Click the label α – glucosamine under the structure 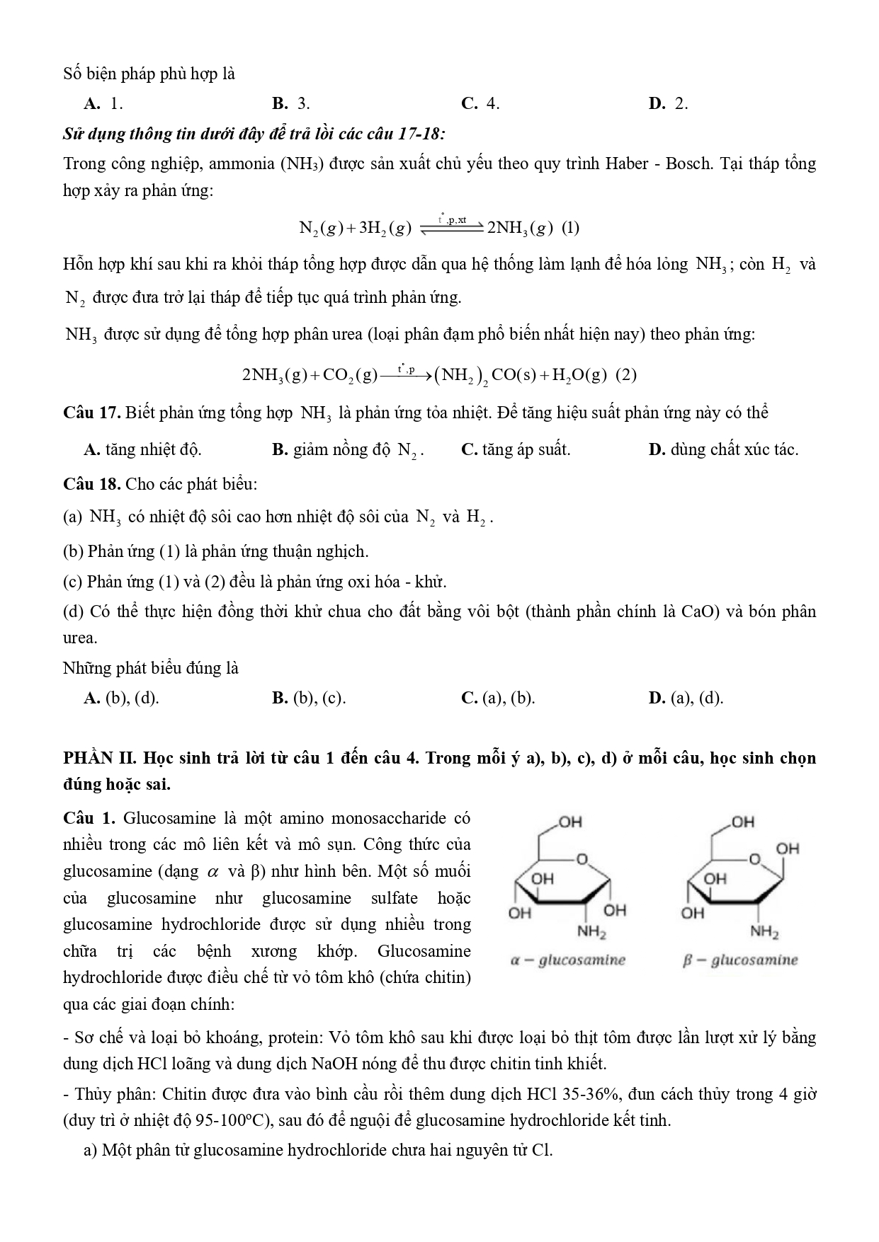[x=568, y=960]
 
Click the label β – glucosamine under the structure [x=740, y=960]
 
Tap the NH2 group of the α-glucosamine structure [x=591, y=933]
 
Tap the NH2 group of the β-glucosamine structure [x=764, y=933]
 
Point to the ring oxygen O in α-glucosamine [x=582, y=859]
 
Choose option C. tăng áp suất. [x=516, y=449]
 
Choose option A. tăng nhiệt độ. [x=142, y=449]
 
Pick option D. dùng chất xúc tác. [x=723, y=449]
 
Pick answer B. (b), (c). [x=309, y=698]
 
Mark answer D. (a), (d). [x=686, y=698]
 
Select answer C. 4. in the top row [x=480, y=104]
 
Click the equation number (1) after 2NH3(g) [x=570, y=228]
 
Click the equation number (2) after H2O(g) [x=626, y=375]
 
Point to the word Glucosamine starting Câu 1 [x=169, y=819]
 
